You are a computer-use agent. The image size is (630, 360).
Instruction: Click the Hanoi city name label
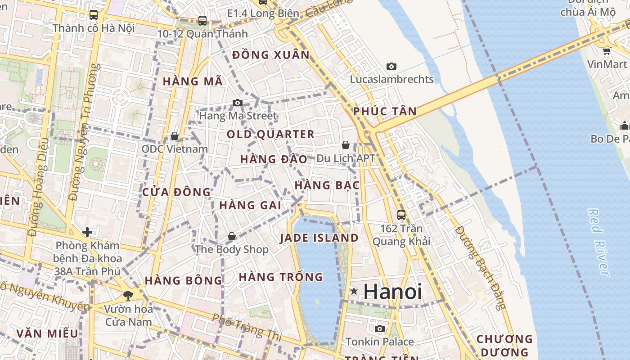click(x=392, y=292)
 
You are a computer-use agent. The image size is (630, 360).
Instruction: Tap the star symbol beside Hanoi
click(x=354, y=292)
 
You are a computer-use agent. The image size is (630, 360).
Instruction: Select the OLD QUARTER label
click(x=270, y=134)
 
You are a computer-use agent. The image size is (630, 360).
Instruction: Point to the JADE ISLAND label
click(x=319, y=238)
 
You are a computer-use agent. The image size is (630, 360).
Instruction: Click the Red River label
click(x=599, y=242)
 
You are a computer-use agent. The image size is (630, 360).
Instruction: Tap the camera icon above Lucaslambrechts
click(x=391, y=67)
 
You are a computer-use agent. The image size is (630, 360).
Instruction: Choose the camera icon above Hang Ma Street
click(x=238, y=103)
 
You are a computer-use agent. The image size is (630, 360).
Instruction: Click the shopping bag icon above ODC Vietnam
click(x=175, y=136)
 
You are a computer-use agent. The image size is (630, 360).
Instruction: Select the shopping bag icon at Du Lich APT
click(x=346, y=145)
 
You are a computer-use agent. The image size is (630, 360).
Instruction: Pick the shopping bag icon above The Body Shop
click(x=232, y=236)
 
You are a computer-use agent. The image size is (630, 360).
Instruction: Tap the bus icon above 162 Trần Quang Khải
click(x=401, y=215)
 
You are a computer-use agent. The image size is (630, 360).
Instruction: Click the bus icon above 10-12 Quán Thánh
click(x=202, y=21)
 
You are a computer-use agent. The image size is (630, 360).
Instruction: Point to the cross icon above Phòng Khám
click(x=87, y=232)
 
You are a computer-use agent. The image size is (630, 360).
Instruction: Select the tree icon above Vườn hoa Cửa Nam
click(x=128, y=296)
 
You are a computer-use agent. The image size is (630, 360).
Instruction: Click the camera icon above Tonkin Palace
click(x=380, y=329)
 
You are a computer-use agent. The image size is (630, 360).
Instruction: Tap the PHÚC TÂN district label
click(x=385, y=111)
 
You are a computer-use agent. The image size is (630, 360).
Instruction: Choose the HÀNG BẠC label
click(x=327, y=185)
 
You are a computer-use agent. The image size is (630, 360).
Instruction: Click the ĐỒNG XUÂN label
click(x=271, y=55)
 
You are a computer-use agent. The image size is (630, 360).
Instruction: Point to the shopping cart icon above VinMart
click(x=607, y=51)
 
